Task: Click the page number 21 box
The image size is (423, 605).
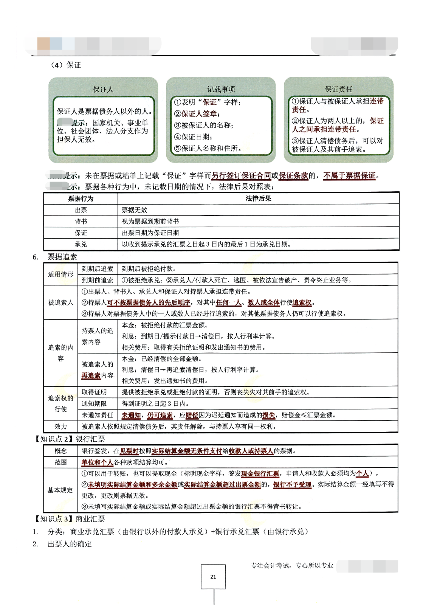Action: (213, 577)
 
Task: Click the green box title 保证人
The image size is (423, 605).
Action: (103, 90)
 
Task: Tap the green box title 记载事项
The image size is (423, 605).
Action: (221, 89)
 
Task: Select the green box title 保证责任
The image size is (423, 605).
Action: (339, 89)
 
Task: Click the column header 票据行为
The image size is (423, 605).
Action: (81, 199)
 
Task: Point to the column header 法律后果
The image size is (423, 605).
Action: (259, 199)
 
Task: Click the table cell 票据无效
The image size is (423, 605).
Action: (135, 210)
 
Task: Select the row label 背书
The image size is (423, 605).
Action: (81, 221)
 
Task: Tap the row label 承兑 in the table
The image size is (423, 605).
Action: (81, 244)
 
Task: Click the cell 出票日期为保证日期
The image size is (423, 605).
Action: (150, 233)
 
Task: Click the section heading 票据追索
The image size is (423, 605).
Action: (62, 257)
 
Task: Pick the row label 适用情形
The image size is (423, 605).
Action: (60, 274)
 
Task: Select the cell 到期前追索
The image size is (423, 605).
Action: (98, 280)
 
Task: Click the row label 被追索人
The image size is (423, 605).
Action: (60, 302)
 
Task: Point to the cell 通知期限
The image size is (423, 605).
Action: (94, 403)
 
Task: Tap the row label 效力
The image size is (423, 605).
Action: (60, 426)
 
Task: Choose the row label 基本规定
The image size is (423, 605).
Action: (60, 490)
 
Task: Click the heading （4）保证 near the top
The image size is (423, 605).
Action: (65, 65)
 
